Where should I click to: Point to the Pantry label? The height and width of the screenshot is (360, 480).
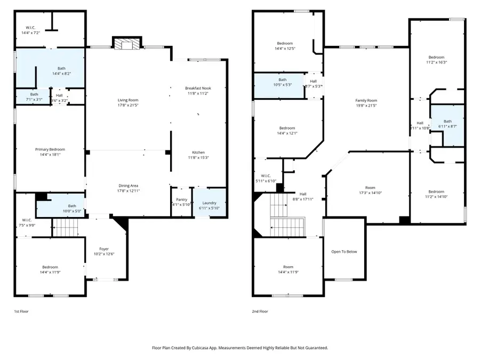(181, 199)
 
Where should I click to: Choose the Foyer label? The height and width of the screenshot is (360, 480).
(104, 249)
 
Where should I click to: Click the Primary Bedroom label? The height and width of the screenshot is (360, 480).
(50, 149)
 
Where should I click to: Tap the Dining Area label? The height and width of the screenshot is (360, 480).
(128, 186)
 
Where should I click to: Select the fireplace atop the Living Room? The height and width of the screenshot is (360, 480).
(127, 44)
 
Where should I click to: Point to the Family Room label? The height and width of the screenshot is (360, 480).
(366, 100)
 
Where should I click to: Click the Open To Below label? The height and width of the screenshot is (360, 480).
(344, 252)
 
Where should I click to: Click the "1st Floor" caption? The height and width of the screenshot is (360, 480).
(21, 311)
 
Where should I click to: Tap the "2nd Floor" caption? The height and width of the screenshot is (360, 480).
(260, 311)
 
